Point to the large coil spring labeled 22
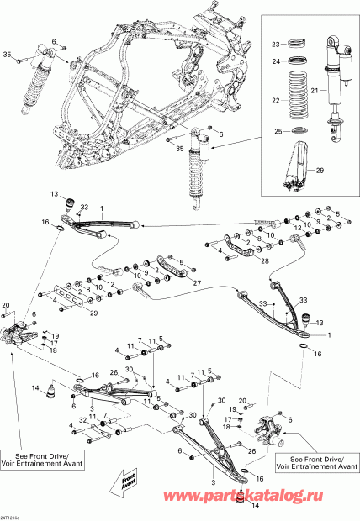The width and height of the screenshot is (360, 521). (x=295, y=99)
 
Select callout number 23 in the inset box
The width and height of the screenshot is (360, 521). (x=275, y=44)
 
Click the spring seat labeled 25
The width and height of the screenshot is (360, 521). (x=296, y=131)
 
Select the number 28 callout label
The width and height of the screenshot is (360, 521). (x=241, y=261)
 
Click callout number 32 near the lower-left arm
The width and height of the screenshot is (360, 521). (x=82, y=419)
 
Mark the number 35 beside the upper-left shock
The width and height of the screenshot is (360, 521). (x=8, y=55)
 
